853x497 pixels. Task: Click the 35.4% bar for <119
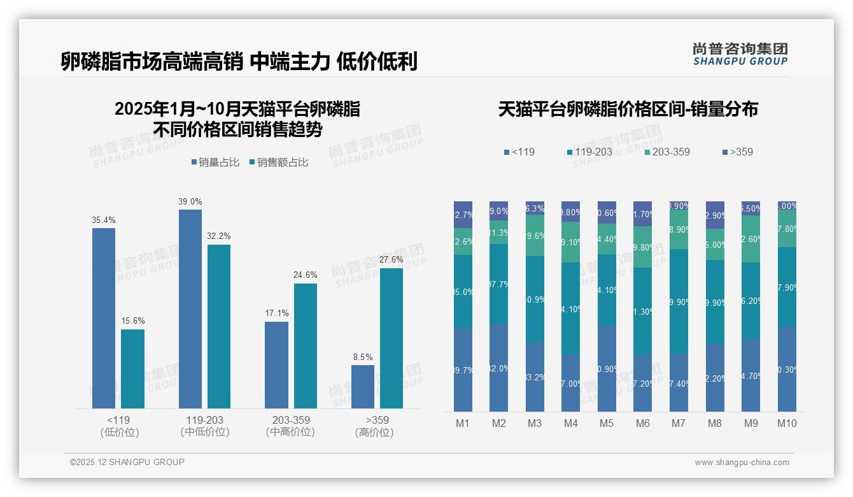[104, 318]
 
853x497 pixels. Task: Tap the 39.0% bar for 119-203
[190, 308]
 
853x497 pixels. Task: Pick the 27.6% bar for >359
[391, 338]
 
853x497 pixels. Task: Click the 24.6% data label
[306, 275]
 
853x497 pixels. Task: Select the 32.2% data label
[219, 236]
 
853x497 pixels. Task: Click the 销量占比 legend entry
[215, 162]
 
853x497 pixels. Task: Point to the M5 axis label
[607, 423]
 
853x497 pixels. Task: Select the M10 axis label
[787, 423]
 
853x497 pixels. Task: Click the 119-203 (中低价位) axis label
[205, 426]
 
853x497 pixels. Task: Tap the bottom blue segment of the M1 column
[463, 370]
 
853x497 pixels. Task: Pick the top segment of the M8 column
[715, 215]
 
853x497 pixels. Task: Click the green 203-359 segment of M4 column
[571, 242]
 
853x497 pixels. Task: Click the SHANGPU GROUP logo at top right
[740, 54]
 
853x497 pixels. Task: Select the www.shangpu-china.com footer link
[742, 463]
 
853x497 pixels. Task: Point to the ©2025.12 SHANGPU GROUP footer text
[127, 462]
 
